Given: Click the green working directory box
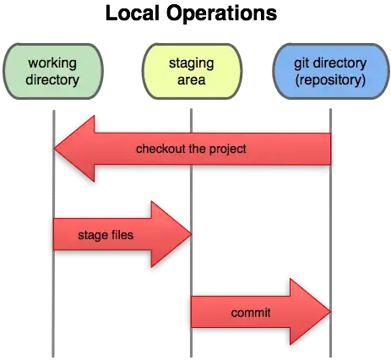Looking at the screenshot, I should click(53, 73).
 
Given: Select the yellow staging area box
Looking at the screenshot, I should click(191, 73).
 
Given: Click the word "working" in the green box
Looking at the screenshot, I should click(53, 64).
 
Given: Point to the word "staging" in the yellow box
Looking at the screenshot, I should click(191, 64).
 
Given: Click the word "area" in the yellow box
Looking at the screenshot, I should click(191, 81).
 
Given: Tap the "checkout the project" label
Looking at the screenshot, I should click(191, 150).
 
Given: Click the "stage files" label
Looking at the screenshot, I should click(104, 234).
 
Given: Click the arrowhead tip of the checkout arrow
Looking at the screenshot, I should click(53, 150).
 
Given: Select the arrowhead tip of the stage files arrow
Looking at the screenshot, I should click(191, 234).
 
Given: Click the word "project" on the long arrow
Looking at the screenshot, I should click(227, 150).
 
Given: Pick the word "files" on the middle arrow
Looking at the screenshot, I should click(119, 234).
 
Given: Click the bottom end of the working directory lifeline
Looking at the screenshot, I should click(53, 355).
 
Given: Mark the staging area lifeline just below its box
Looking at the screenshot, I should click(192, 114).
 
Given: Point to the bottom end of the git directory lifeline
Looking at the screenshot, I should click(330, 355).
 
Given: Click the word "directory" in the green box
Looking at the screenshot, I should click(53, 81).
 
